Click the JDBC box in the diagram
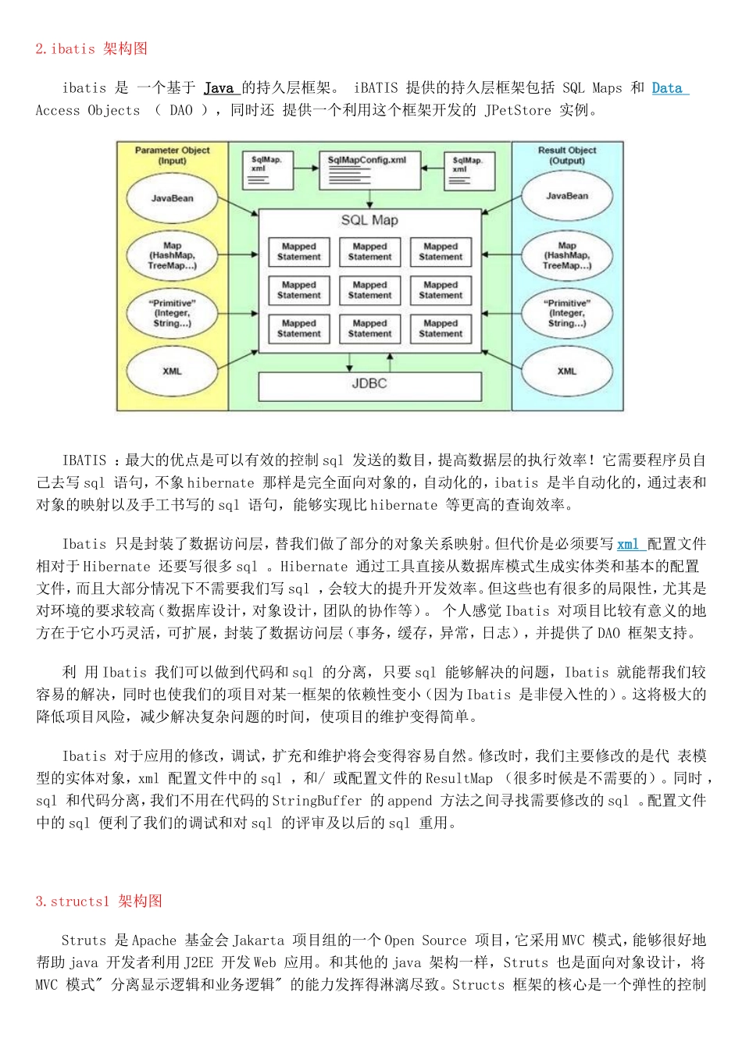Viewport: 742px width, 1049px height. click(x=369, y=385)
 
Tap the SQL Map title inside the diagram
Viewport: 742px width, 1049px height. click(x=369, y=221)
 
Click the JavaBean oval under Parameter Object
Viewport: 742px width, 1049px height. click(x=172, y=198)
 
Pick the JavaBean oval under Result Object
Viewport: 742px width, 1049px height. click(x=567, y=196)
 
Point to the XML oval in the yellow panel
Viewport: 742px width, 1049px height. click(x=172, y=372)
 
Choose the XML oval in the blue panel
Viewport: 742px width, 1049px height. click(x=567, y=372)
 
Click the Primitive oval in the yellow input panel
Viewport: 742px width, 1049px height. click(x=172, y=313)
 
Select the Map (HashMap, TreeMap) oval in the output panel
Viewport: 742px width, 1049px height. click(x=567, y=255)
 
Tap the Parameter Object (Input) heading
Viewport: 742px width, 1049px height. click(x=172, y=155)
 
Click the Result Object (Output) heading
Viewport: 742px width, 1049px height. click(x=567, y=155)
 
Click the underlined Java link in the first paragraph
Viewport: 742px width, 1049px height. click(x=219, y=88)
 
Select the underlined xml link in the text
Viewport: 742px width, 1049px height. click(x=628, y=544)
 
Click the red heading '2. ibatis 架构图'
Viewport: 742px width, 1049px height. click(x=91, y=48)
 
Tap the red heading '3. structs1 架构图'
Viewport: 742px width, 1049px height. click(x=99, y=901)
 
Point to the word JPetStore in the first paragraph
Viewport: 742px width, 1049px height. click(x=518, y=110)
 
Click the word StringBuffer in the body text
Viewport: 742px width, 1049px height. click(x=317, y=801)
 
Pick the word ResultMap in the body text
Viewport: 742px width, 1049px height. click(x=459, y=778)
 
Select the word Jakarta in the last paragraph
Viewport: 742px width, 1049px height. click(x=259, y=941)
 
